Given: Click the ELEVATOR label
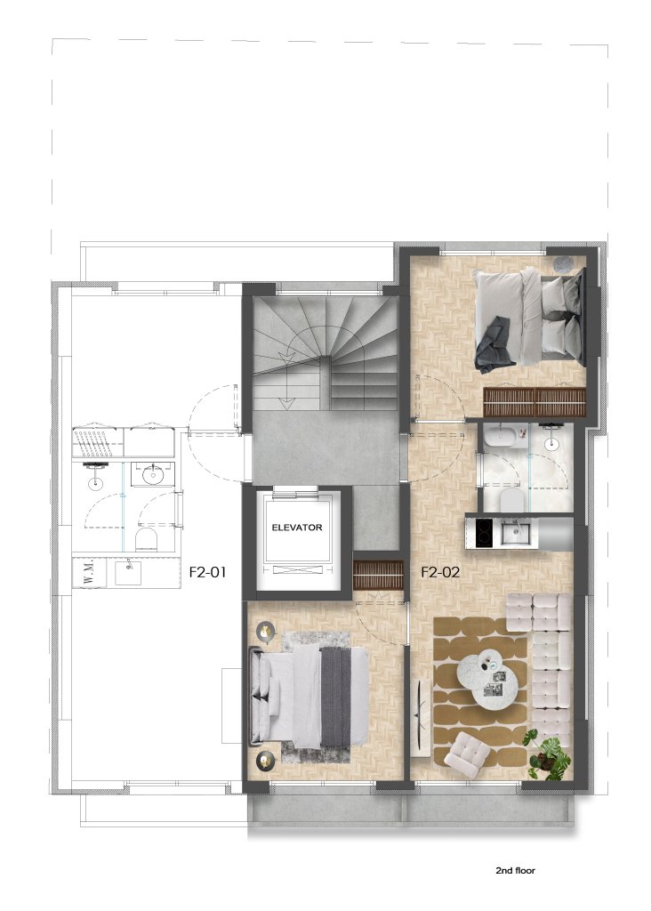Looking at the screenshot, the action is (x=297, y=528).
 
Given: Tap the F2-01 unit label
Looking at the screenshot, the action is (x=207, y=572).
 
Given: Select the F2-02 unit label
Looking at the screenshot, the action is (x=440, y=572).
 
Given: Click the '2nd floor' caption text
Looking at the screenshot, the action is (x=515, y=870).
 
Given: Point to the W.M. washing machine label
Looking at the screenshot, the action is (x=81, y=574).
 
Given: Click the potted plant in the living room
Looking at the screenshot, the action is (x=545, y=754).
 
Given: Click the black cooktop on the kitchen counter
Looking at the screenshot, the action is (x=485, y=533).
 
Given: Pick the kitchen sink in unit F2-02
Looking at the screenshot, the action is (x=513, y=530).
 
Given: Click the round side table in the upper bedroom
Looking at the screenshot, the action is (x=563, y=265).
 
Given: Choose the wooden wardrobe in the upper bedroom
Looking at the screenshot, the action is (x=534, y=402).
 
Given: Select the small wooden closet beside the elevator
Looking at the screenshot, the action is (x=378, y=575).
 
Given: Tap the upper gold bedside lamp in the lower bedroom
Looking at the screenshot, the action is (x=266, y=633).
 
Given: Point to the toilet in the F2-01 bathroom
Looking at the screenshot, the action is (x=147, y=538).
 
